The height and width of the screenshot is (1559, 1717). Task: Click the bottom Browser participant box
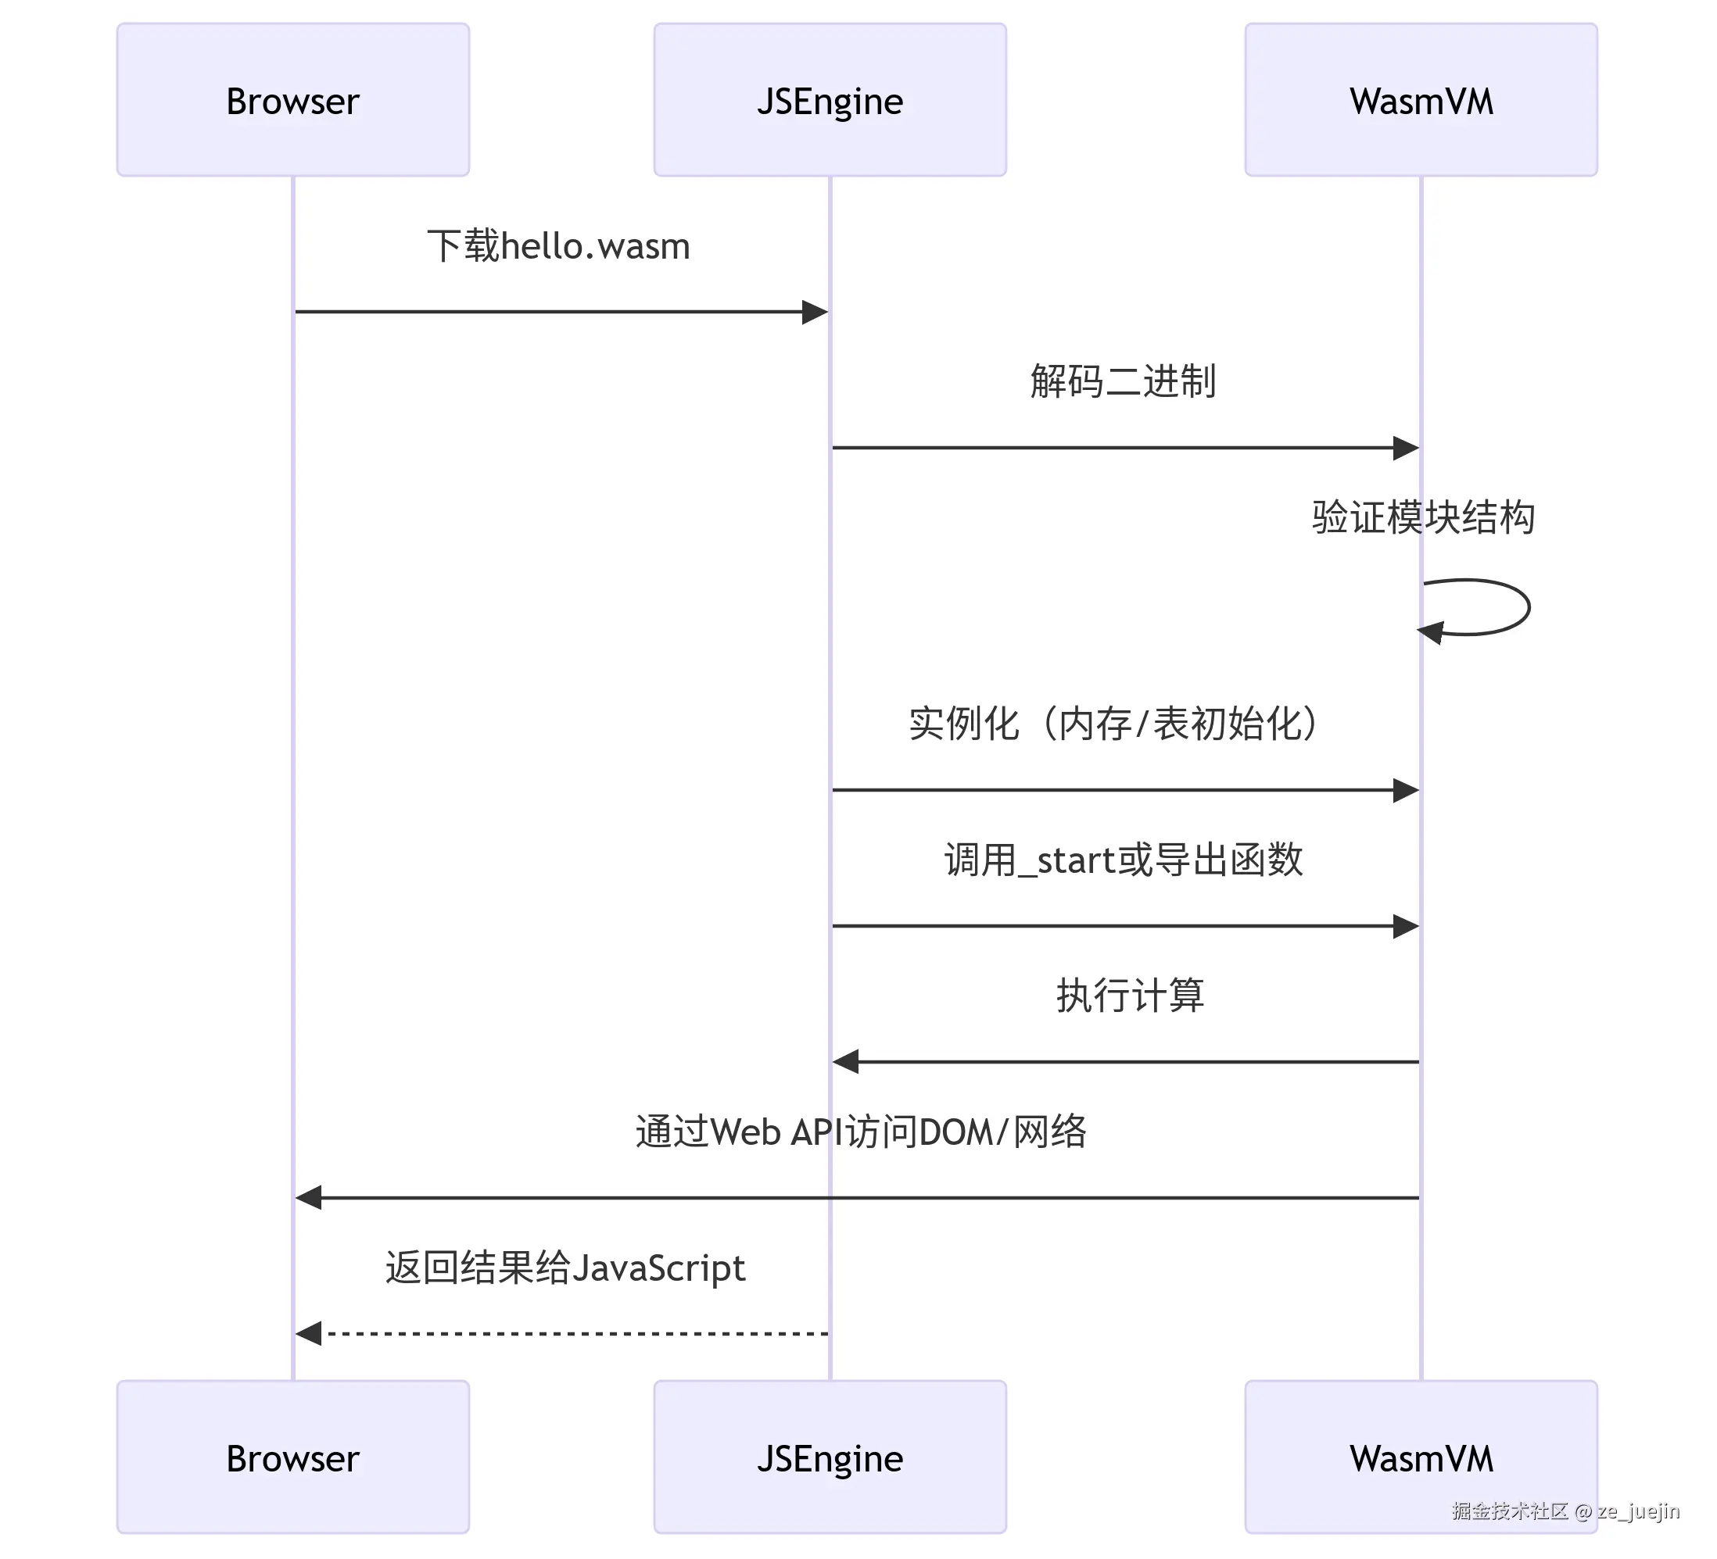coord(293,1457)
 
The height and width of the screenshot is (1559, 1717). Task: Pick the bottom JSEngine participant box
coord(830,1457)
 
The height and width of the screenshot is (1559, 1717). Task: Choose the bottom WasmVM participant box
coord(1421,1457)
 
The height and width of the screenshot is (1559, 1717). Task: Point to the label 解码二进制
coord(1123,381)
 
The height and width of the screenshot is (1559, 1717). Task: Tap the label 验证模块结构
coord(1422,517)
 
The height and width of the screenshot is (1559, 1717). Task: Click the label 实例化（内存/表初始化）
coord(1114,723)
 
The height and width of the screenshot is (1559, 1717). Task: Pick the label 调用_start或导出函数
coord(1123,859)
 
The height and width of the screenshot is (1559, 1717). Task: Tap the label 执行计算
coord(1129,995)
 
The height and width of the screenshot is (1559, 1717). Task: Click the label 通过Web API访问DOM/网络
coord(860,1132)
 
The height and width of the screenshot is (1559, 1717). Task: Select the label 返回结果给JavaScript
coord(565,1267)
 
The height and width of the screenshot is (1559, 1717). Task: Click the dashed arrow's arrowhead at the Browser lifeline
coord(308,1333)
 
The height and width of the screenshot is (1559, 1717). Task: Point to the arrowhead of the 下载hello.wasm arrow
coord(814,312)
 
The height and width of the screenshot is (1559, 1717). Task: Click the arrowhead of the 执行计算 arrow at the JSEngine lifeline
coord(846,1062)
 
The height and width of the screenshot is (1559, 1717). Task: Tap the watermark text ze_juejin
coord(1637,1511)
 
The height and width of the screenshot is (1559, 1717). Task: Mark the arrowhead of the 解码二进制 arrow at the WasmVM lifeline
coord(1405,448)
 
